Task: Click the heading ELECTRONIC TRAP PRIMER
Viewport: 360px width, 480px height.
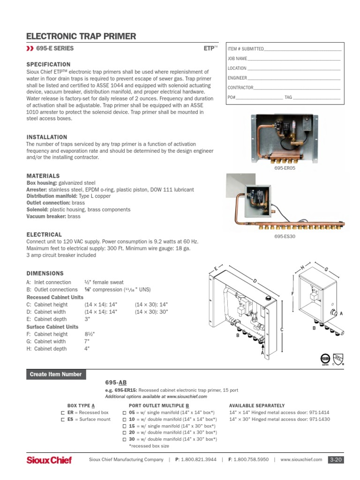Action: tap(81, 36)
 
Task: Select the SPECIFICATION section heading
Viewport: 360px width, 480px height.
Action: tap(48, 64)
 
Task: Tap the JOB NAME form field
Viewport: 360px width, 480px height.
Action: tap(293, 59)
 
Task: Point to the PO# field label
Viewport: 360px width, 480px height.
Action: tap(231, 97)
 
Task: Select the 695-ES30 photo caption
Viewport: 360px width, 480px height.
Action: tap(285, 236)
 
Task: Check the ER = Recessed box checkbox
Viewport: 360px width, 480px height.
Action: tap(63, 412)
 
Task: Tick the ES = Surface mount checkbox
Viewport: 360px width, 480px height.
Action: tap(63, 419)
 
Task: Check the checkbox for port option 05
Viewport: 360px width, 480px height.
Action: tap(124, 412)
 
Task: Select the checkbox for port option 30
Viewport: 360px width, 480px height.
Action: tap(124, 440)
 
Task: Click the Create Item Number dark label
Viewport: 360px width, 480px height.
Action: tap(55, 374)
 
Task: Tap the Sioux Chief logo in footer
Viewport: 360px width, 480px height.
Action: tap(49, 460)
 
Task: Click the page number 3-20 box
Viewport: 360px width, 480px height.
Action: tap(336, 460)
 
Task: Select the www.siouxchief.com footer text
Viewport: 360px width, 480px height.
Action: tap(301, 460)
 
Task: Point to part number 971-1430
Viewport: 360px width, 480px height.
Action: tap(319, 419)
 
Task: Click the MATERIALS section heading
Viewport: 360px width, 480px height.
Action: tap(43, 176)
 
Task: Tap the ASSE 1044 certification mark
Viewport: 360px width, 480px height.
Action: tap(325, 358)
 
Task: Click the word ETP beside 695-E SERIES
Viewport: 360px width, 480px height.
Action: tap(209, 48)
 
